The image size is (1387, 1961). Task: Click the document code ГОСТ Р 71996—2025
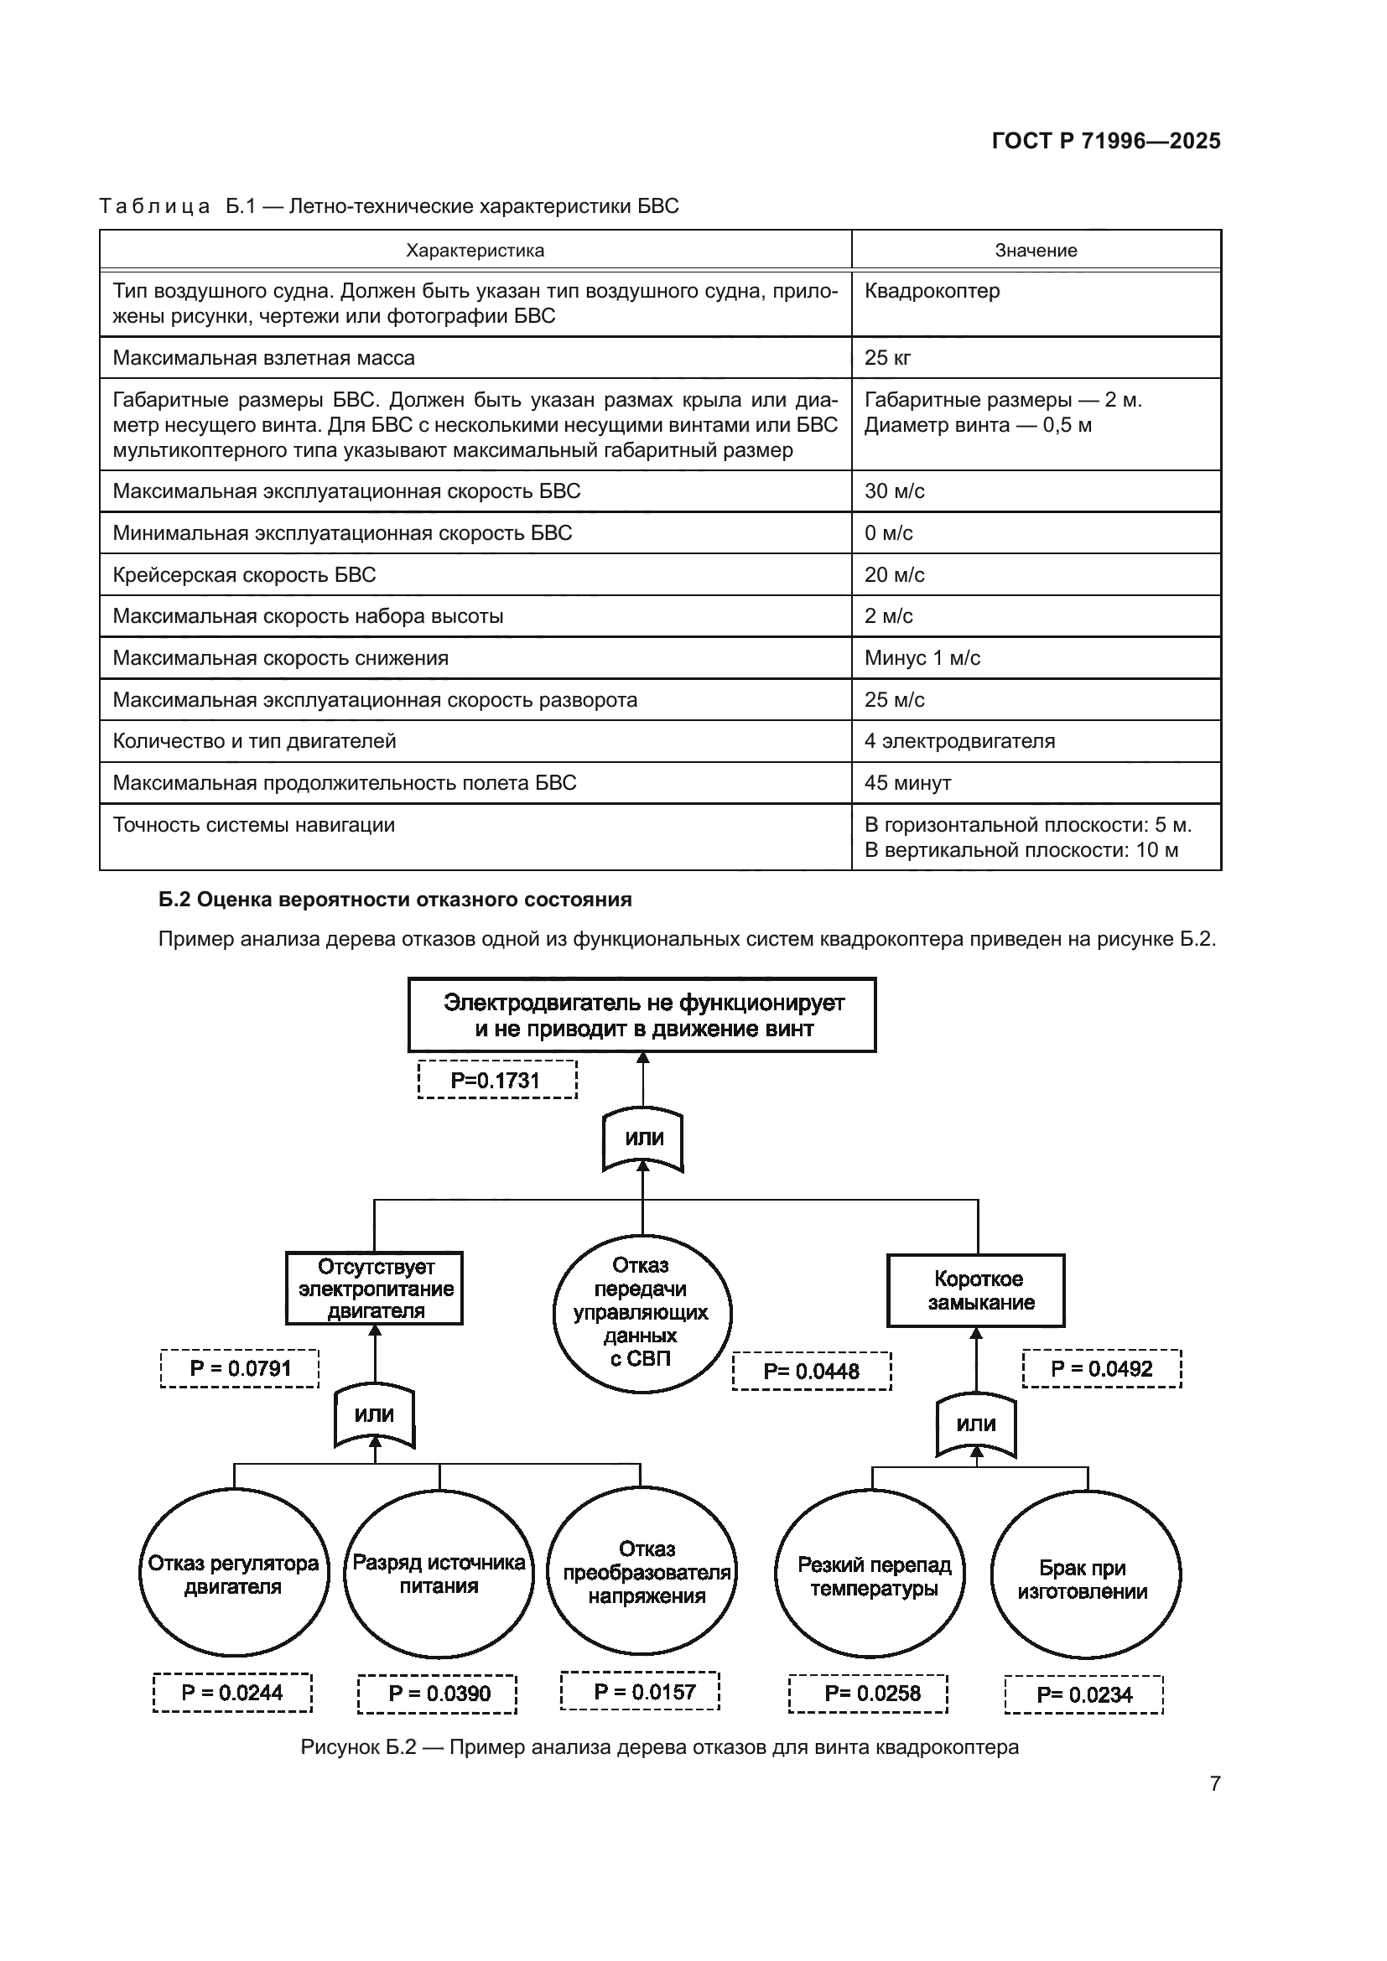(1106, 141)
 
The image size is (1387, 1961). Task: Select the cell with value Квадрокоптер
(932, 291)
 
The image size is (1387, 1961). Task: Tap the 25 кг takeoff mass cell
(887, 358)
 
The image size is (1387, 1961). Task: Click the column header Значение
(1035, 250)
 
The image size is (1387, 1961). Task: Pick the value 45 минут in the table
(907, 782)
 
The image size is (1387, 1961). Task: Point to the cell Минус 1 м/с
(922, 657)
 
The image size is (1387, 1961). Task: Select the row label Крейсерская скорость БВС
(244, 575)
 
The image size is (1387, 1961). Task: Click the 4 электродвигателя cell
(959, 740)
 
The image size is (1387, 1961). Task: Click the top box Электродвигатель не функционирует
(642, 1014)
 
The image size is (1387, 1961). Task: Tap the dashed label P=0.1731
(497, 1081)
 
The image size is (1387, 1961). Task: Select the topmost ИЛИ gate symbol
(643, 1139)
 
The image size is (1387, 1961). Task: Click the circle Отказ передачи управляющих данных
(642, 1313)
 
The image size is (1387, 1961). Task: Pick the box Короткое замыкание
(975, 1290)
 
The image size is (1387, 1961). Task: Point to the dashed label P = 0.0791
(240, 1368)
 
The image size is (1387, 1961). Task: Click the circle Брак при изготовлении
(1084, 1580)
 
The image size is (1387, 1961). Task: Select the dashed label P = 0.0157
(641, 1692)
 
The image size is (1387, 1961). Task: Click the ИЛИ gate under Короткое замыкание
(975, 1424)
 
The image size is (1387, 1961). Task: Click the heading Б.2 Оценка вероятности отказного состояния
(396, 900)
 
